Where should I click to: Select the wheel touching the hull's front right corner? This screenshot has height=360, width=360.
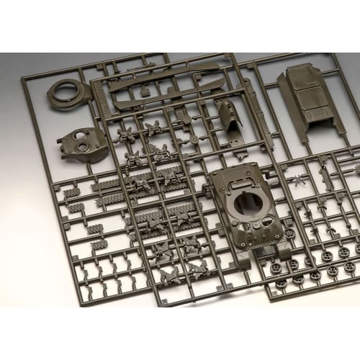289,234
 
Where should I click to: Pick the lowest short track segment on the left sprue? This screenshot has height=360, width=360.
99,244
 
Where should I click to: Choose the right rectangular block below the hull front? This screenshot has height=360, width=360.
285,251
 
